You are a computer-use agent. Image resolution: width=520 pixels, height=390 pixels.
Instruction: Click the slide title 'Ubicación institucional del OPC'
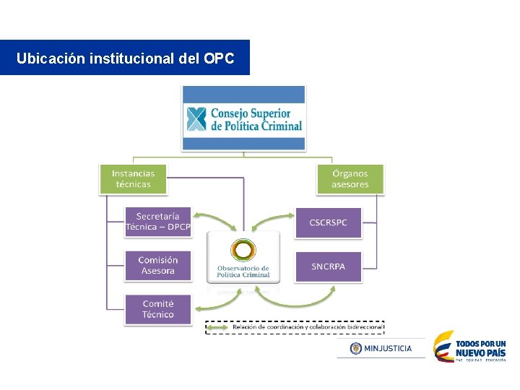(125, 58)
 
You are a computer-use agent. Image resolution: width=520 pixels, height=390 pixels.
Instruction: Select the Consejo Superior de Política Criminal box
(243, 118)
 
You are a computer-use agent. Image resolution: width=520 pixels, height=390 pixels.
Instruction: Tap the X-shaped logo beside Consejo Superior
(196, 119)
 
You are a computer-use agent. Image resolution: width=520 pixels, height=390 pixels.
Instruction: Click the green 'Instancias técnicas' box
(133, 179)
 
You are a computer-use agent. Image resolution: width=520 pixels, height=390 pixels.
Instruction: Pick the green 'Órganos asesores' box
(350, 179)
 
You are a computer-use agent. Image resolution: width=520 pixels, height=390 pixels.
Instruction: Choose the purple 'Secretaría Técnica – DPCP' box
(158, 222)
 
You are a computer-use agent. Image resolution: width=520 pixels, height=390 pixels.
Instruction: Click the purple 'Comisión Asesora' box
(157, 266)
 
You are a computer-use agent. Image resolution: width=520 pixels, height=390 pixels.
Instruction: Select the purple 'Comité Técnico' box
(157, 309)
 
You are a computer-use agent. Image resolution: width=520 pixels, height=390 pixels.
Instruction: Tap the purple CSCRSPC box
(328, 222)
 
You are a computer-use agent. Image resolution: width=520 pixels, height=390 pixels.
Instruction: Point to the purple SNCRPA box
(328, 266)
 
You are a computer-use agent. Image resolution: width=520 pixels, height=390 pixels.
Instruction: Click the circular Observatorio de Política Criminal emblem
(243, 251)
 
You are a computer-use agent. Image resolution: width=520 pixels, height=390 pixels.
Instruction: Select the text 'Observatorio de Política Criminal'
(243, 272)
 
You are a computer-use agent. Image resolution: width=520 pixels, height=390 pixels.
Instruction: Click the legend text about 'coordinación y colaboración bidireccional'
(306, 327)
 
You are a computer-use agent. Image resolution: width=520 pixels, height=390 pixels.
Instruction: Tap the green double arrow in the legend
(219, 327)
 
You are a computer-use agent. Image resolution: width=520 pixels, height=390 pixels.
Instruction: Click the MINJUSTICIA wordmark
(388, 348)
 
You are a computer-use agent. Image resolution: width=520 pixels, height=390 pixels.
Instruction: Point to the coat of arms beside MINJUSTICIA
(355, 348)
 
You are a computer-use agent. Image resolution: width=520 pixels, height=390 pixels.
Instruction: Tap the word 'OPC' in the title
(220, 58)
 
